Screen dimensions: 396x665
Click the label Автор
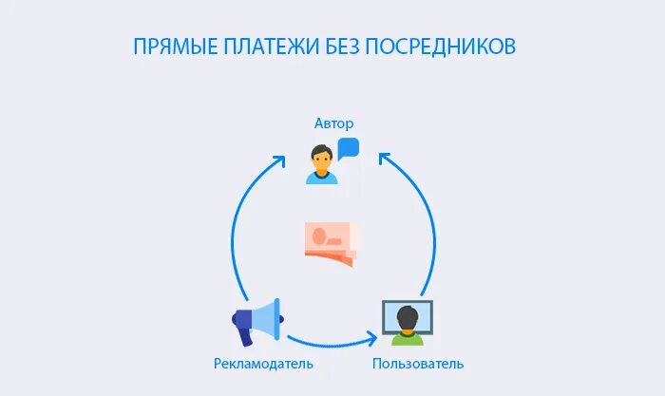click(x=333, y=123)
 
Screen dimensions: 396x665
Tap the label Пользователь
click(x=417, y=363)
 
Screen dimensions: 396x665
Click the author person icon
click(x=322, y=163)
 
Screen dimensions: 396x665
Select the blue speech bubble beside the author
click(x=350, y=148)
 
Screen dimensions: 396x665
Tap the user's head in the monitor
click(x=408, y=316)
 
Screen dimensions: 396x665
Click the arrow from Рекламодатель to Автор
click(x=237, y=228)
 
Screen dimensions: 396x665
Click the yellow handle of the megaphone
click(x=246, y=335)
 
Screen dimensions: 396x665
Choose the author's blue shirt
click(x=322, y=177)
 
